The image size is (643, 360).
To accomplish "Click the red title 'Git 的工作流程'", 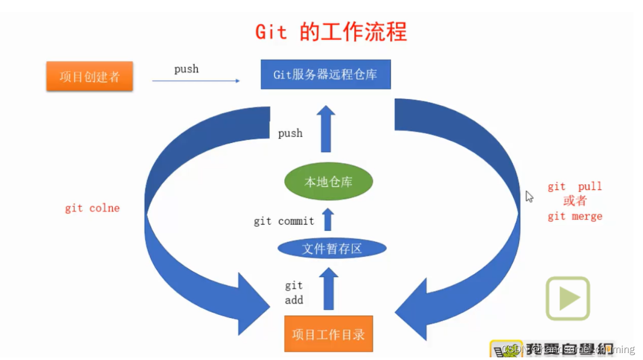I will pyautogui.click(x=331, y=32).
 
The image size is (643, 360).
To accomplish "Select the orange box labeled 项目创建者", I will pyautogui.click(x=89, y=76).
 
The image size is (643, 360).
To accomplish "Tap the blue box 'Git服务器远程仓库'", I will pyautogui.click(x=325, y=75).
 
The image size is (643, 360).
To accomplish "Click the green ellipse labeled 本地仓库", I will pyautogui.click(x=328, y=182).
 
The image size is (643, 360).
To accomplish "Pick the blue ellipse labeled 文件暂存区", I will pyautogui.click(x=332, y=249).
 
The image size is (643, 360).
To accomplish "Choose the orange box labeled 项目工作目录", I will pyautogui.click(x=328, y=334).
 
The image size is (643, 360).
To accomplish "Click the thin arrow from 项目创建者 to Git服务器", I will pyautogui.click(x=196, y=81).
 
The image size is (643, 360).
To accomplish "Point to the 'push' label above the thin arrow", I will pyautogui.click(x=186, y=69).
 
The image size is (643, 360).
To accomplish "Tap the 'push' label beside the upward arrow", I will pyautogui.click(x=290, y=133).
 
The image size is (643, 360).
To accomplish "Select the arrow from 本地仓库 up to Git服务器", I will pyautogui.click(x=326, y=129).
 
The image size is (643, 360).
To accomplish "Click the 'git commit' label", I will pyautogui.click(x=284, y=221).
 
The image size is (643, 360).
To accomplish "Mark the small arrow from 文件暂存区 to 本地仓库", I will pyautogui.click(x=328, y=219).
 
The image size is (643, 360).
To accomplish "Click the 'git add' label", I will pyautogui.click(x=294, y=293).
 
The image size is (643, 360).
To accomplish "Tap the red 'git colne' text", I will pyautogui.click(x=92, y=208).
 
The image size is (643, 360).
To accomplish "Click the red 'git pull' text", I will pyautogui.click(x=575, y=186).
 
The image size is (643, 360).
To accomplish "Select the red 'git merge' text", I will pyautogui.click(x=575, y=217).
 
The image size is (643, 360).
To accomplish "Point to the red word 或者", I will pyautogui.click(x=575, y=201).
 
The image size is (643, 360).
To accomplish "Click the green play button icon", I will pyautogui.click(x=568, y=299).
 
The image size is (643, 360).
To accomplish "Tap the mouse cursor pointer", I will pyautogui.click(x=529, y=196).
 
